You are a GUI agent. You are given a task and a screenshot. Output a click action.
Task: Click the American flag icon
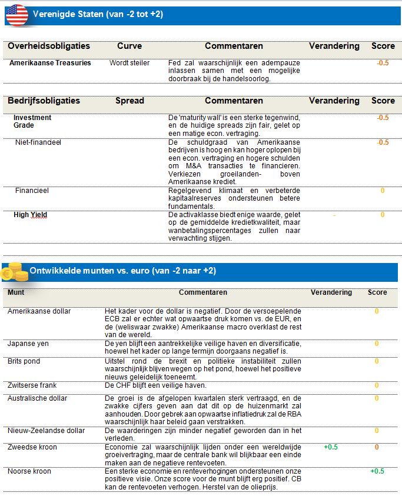pyautogui.click(x=16, y=15)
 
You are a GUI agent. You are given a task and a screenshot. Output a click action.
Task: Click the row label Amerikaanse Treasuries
pyautogui.click(x=50, y=63)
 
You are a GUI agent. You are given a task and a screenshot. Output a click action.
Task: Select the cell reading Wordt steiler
pyautogui.click(x=129, y=63)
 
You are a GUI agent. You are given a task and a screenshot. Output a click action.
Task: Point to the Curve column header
pyautogui.click(x=129, y=46)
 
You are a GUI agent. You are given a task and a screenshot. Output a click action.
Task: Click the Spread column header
pyautogui.click(x=129, y=101)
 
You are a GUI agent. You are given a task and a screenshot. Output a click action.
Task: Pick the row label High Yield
pyautogui.click(x=30, y=215)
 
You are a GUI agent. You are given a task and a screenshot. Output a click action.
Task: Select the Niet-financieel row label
pyautogui.click(x=38, y=142)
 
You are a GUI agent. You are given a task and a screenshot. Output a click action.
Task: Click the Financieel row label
pyautogui.click(x=32, y=191)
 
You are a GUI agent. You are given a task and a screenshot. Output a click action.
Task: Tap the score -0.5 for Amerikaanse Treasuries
pyautogui.click(x=383, y=63)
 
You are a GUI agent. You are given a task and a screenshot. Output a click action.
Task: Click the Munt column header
pyautogui.click(x=16, y=292)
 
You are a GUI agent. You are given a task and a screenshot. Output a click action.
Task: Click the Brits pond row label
pyautogui.click(x=24, y=361)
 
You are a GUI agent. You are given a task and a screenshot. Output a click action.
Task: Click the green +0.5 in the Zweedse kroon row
pyautogui.click(x=331, y=447)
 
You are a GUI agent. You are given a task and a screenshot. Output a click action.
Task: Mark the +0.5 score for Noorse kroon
pyautogui.click(x=377, y=471)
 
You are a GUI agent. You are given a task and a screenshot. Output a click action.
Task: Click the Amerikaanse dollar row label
pyautogui.click(x=38, y=311)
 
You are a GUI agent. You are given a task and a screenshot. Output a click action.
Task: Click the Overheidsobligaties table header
pyautogui.click(x=49, y=46)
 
